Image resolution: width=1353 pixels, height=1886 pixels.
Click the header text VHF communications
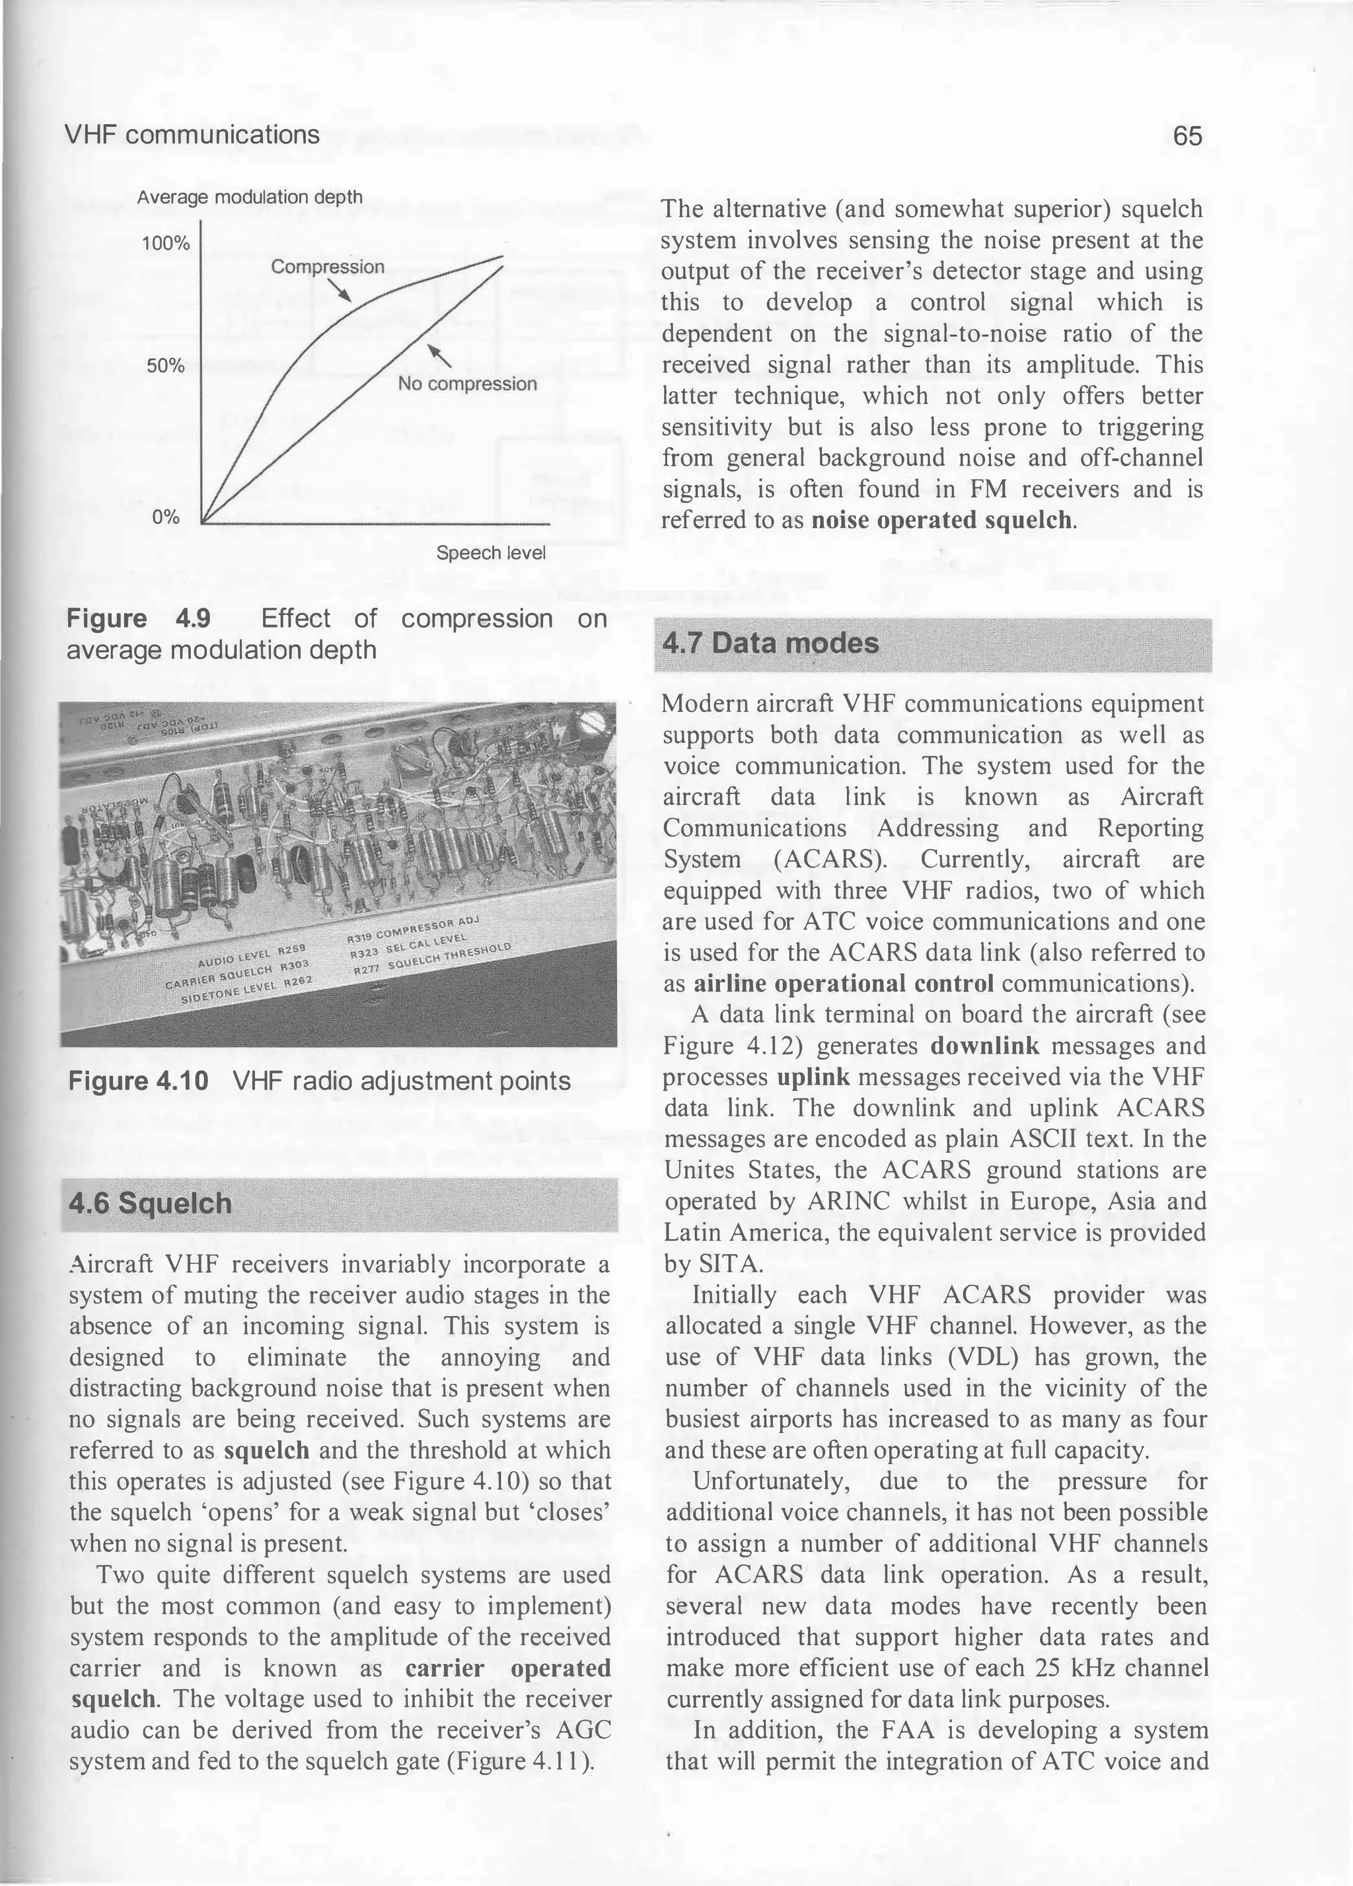point(192,135)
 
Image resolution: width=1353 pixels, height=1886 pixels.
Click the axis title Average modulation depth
point(250,197)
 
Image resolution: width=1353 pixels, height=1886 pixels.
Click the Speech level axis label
point(491,553)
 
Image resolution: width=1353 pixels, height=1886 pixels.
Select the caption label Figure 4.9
point(138,619)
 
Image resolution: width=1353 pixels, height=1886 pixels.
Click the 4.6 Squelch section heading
point(151,1204)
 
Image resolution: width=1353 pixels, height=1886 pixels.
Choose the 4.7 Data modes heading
point(770,643)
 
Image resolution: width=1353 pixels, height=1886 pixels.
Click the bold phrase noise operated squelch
point(942,521)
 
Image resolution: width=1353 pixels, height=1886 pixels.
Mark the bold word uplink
point(813,1077)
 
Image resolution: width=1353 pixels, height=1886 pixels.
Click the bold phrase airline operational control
point(843,984)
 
